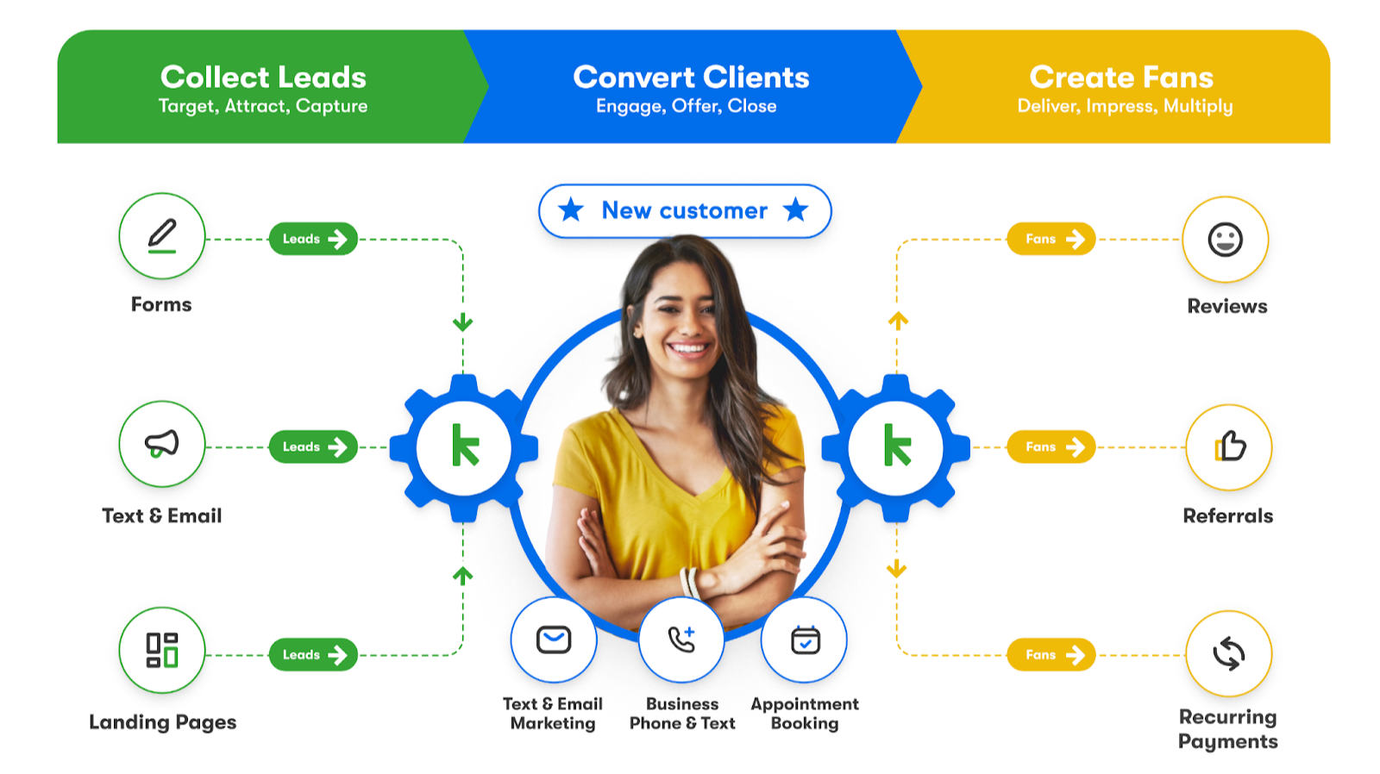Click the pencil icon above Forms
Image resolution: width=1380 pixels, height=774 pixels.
[x=162, y=235]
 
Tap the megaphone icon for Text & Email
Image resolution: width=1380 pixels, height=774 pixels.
[x=162, y=444]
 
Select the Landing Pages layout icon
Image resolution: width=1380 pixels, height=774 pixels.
[x=162, y=650]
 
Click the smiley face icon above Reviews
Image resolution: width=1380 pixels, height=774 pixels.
[x=1225, y=240]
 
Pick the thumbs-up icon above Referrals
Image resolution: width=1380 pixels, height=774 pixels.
[x=1229, y=446]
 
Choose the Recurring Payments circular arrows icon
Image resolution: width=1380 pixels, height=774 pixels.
[x=1229, y=653]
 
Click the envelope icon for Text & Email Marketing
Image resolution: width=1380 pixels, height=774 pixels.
[x=554, y=640]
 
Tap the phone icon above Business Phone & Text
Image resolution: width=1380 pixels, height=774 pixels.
[x=681, y=640]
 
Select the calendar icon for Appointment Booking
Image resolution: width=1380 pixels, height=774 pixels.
[x=805, y=640]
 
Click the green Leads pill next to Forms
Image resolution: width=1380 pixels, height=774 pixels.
[x=313, y=239]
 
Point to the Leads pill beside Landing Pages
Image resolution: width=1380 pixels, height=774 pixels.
[x=313, y=655]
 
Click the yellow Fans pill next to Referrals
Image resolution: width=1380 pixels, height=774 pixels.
[x=1051, y=446]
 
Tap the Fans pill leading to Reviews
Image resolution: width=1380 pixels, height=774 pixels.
[x=1051, y=239]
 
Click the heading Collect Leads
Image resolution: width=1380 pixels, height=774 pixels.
[x=263, y=78]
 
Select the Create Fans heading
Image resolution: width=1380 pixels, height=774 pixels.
[x=1121, y=78]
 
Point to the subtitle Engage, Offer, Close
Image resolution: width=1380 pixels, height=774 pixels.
[x=687, y=106]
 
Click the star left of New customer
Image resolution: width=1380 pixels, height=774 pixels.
[x=571, y=209]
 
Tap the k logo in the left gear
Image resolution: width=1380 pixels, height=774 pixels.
[x=465, y=446]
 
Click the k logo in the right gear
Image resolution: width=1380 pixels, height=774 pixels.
[x=897, y=446]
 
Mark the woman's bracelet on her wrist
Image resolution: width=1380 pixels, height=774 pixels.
[x=690, y=583]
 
